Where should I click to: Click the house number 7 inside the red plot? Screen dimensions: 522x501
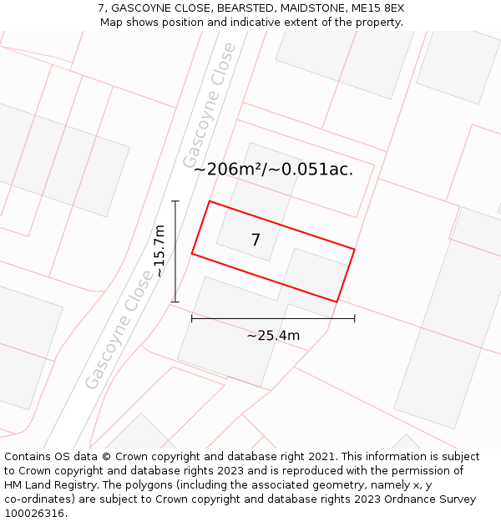coord(256,241)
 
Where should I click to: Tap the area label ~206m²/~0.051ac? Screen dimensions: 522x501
coord(273,170)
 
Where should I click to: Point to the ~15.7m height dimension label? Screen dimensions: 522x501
coord(159,251)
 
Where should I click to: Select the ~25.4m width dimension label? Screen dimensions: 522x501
coord(273,336)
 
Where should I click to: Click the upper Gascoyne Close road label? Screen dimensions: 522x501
coord(208,115)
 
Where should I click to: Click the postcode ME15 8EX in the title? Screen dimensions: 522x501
coord(377,8)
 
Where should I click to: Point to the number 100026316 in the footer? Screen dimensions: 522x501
coord(34,513)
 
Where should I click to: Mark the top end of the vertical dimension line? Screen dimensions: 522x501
coord(175,200)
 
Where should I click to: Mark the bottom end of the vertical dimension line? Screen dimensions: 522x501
coord(175,302)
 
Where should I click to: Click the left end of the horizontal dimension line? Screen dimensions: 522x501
coord(192,318)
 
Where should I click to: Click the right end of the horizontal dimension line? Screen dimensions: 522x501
coord(355,318)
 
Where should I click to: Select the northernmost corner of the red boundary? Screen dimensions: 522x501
coord(209,201)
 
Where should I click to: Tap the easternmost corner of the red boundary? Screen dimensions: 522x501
coord(355,249)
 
